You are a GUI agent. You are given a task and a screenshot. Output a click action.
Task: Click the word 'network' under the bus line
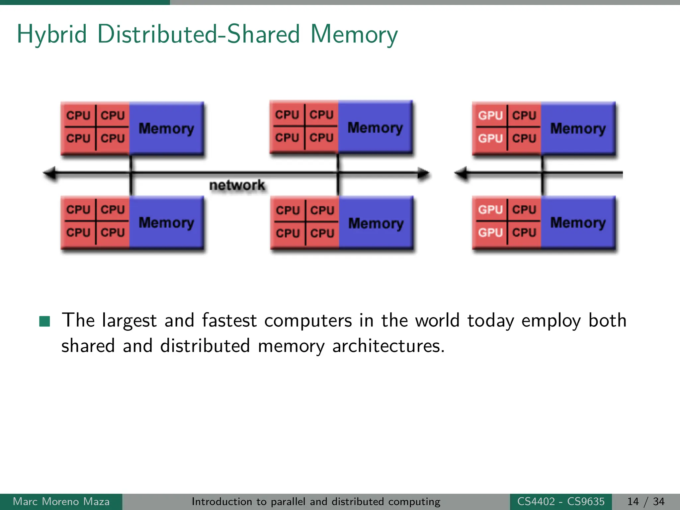point(237,185)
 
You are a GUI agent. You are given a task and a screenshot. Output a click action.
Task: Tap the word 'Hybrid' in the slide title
point(52,35)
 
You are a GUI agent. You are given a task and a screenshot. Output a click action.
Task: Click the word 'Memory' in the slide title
point(354,35)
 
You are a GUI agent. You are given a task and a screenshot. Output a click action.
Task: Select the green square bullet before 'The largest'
point(44,321)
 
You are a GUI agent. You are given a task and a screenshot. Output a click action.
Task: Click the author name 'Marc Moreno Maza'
point(61,501)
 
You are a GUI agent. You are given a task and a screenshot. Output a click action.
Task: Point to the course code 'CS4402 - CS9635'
point(561,501)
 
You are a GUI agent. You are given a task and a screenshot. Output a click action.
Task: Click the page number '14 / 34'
point(646,501)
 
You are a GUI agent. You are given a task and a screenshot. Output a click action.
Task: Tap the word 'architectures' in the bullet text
point(388,346)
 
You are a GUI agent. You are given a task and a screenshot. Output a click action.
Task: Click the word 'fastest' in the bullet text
point(229,321)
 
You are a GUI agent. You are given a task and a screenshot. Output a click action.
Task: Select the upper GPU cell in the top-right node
point(490,116)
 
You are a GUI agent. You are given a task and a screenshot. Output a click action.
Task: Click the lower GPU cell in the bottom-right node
point(490,232)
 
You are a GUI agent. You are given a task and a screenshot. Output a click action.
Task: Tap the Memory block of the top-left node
point(166,128)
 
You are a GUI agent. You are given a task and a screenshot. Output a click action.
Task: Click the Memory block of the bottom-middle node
point(376,223)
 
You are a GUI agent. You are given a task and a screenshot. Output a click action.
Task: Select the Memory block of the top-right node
point(578,128)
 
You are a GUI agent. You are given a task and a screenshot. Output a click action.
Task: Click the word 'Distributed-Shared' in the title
point(199,35)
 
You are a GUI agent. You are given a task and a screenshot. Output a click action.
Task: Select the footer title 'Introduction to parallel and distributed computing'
point(316,501)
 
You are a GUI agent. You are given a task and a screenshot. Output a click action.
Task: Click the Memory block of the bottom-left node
point(166,222)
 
